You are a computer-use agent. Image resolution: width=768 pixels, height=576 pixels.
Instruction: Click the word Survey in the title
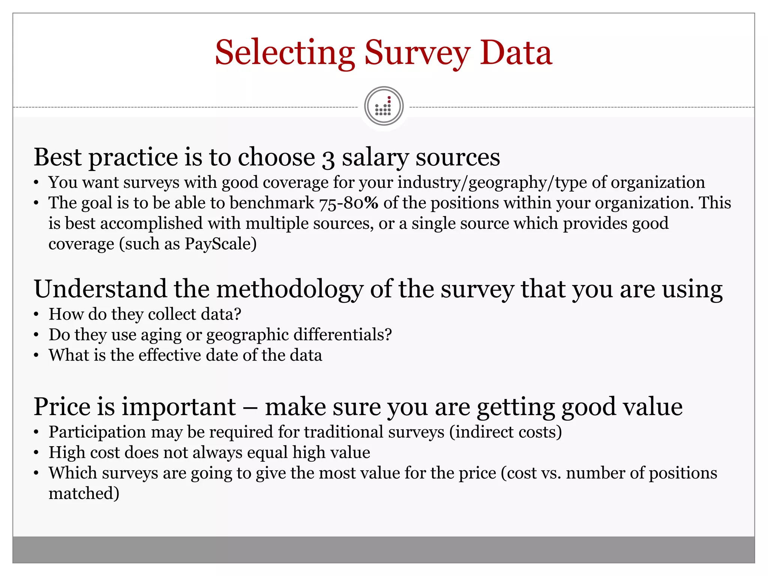coord(417,53)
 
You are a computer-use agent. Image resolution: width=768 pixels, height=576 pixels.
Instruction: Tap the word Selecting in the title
coord(285,53)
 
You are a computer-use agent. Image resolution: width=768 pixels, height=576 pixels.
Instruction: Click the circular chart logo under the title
coord(384,106)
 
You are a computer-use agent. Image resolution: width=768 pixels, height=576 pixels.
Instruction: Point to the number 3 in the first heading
coord(328,158)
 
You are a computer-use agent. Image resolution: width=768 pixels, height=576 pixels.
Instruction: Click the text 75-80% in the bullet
coord(349,203)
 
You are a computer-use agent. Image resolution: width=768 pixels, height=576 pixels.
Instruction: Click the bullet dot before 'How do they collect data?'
coord(36,315)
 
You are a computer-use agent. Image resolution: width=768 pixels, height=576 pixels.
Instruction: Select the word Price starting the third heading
coord(62,406)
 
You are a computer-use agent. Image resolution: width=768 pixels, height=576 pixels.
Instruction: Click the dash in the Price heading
coord(250,407)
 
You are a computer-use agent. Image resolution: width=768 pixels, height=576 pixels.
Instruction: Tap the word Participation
coord(97,432)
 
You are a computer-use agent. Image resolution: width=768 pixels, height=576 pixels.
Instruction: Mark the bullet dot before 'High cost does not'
coord(36,453)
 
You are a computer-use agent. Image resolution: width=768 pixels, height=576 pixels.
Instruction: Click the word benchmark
coord(272,203)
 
